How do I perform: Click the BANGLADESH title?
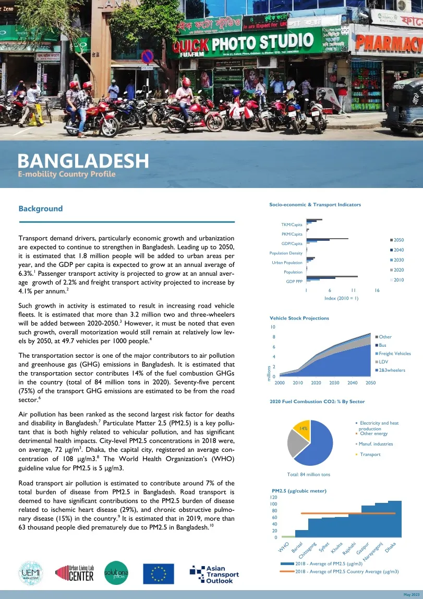tap(83, 160)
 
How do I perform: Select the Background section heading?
tap(41, 208)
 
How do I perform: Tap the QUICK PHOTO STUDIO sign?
tap(240, 42)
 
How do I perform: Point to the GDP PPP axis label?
tap(294, 281)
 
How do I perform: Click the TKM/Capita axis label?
tap(292, 225)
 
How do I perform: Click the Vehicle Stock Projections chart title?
tap(299, 318)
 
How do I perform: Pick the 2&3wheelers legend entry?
tap(391, 370)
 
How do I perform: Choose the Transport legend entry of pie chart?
tap(370, 454)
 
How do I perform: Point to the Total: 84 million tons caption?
tap(309, 474)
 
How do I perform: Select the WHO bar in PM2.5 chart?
tap(288, 536)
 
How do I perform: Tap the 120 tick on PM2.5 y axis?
tap(273, 497)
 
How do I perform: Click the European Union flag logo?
tap(159, 573)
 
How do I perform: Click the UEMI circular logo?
tap(30, 573)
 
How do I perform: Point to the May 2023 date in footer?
tap(411, 595)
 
